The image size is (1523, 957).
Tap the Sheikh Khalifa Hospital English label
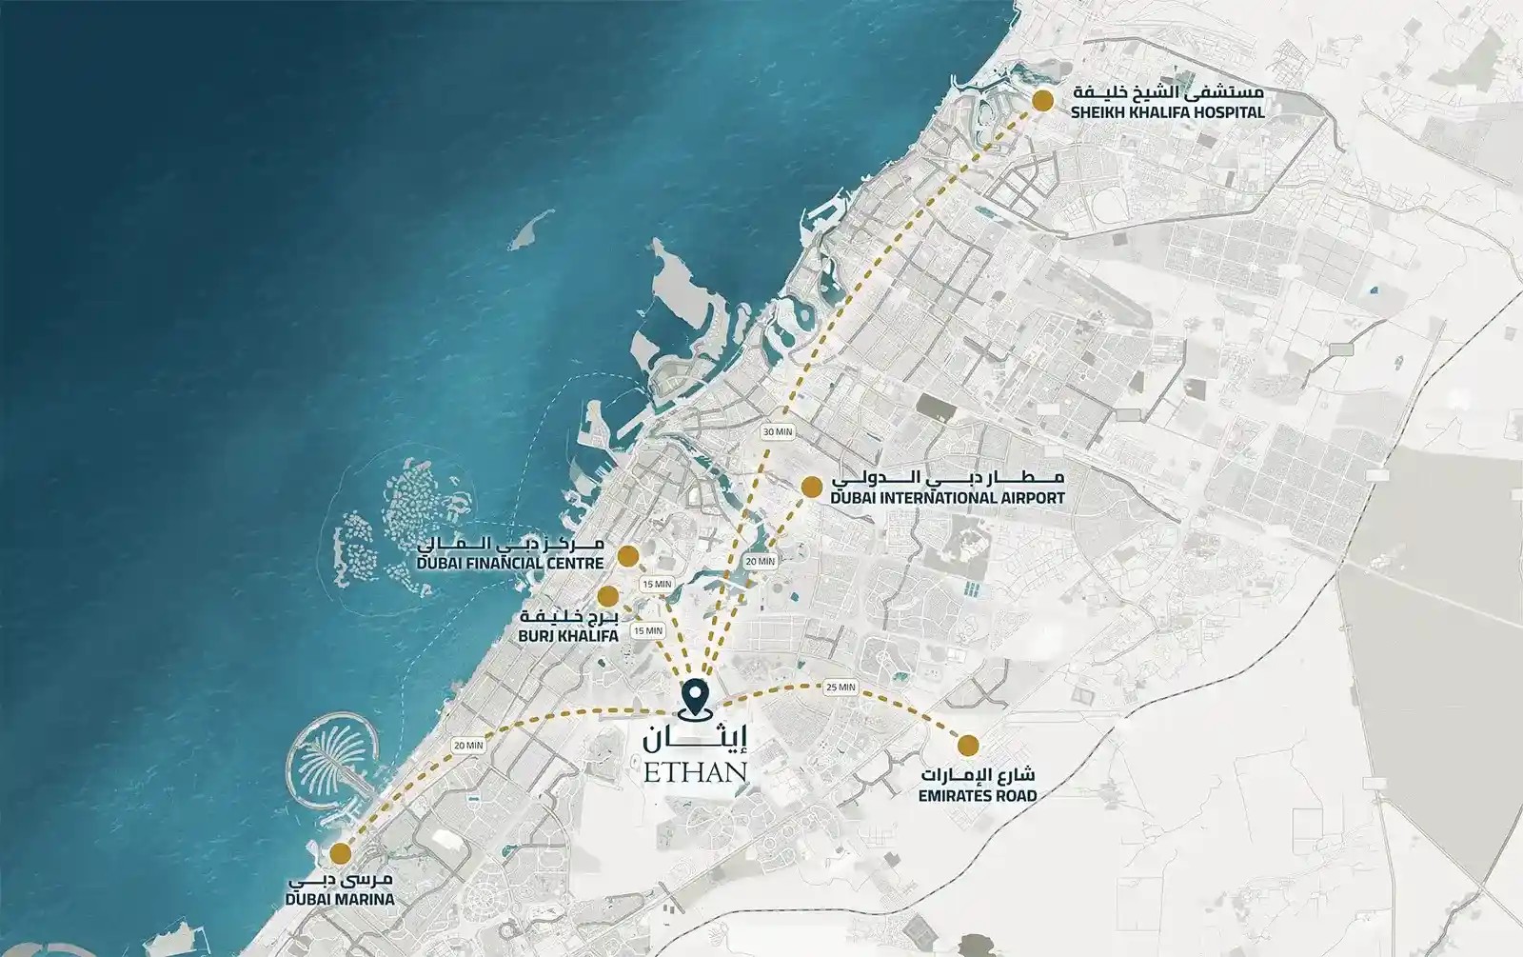tap(1167, 112)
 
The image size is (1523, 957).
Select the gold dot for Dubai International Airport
tap(811, 487)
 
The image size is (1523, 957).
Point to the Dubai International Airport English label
tap(947, 498)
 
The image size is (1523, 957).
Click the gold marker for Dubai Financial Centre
tap(627, 555)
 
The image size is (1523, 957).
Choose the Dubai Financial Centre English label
tap(510, 564)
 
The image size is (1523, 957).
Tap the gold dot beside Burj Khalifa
tap(607, 596)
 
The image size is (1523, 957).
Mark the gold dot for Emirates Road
tap(968, 745)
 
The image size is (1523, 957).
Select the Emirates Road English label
tap(977, 795)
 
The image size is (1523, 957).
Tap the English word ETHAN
tap(695, 771)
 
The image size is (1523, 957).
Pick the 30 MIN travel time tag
tap(778, 431)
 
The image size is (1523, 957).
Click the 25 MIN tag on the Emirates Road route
tap(841, 688)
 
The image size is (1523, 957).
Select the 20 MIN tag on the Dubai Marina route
tap(468, 746)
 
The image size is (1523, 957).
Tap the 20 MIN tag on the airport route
tap(761, 562)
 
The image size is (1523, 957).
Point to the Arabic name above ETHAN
tap(696, 736)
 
